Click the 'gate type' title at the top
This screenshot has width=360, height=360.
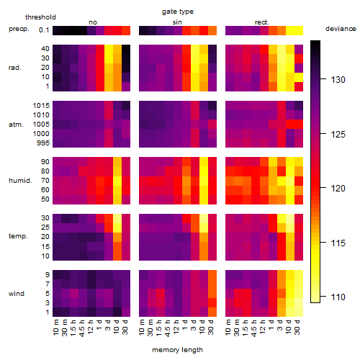click(x=178, y=12)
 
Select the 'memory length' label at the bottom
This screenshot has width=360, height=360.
click(x=177, y=350)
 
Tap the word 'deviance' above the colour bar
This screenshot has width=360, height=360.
click(x=341, y=29)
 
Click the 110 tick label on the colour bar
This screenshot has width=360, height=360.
click(x=338, y=297)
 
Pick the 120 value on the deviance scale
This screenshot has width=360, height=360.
click(x=338, y=189)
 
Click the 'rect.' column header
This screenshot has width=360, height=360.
click(x=262, y=22)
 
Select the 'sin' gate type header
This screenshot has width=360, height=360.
click(x=177, y=22)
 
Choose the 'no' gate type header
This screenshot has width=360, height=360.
click(x=93, y=22)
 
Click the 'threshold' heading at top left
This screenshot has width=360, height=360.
click(x=40, y=17)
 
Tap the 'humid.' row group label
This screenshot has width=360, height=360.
click(x=20, y=181)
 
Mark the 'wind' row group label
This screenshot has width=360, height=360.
click(x=17, y=294)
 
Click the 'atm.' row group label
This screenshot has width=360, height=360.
click(x=16, y=125)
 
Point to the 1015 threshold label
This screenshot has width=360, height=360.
click(x=41, y=106)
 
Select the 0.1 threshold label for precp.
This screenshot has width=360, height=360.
click(x=44, y=30)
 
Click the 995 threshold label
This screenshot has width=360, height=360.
click(x=43, y=143)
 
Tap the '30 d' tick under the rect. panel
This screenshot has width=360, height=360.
click(x=297, y=327)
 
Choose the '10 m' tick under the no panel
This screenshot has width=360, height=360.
click(x=55, y=327)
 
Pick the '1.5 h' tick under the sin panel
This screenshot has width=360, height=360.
click(x=159, y=328)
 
